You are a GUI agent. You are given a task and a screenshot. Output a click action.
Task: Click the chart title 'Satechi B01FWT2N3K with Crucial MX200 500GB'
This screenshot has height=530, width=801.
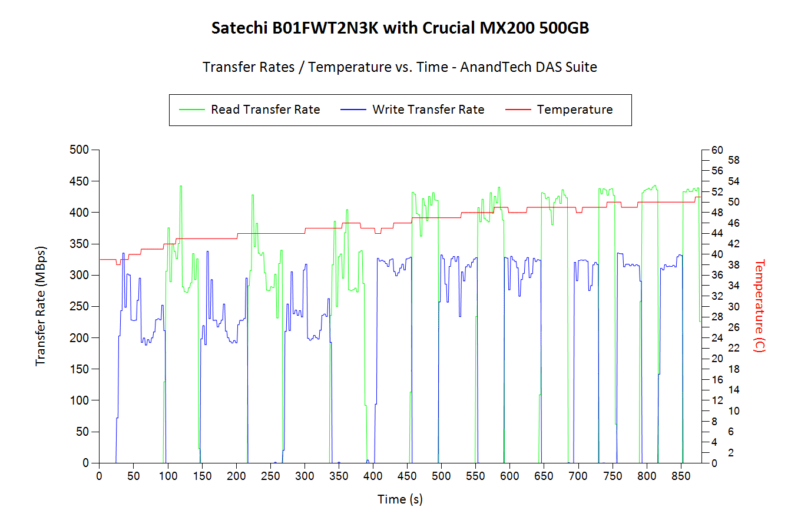(x=400, y=28)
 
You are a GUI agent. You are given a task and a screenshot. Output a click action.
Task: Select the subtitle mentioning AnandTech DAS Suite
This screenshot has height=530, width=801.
(x=400, y=67)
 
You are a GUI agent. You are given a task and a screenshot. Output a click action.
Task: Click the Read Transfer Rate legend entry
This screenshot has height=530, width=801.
(x=265, y=110)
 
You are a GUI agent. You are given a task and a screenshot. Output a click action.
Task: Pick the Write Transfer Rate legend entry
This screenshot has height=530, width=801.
(x=428, y=110)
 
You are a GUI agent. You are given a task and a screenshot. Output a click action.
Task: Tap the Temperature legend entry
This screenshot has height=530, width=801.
(x=574, y=110)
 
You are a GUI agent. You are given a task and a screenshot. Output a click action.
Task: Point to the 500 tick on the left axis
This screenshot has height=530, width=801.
(x=79, y=150)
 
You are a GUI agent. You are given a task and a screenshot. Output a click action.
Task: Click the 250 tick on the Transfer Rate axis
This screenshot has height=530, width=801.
(x=79, y=306)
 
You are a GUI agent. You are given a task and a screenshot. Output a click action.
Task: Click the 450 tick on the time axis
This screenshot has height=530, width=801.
(x=407, y=476)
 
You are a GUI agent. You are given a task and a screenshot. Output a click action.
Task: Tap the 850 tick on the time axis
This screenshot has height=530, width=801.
(x=681, y=476)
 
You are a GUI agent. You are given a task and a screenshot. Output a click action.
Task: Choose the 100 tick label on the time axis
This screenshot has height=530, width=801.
(x=168, y=476)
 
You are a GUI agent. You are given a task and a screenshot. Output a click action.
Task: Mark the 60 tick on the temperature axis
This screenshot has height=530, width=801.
(x=717, y=150)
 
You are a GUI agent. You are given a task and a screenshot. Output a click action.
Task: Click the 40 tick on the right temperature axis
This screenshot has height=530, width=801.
(x=717, y=254)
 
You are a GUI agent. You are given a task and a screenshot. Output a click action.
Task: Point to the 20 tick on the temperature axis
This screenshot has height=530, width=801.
(x=717, y=359)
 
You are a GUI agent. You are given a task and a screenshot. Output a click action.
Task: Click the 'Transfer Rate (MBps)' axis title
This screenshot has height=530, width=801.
(x=40, y=306)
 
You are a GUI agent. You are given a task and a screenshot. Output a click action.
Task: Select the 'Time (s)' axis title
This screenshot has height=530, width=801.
(x=400, y=499)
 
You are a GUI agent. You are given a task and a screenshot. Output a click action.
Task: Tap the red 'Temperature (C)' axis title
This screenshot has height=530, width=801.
(x=760, y=306)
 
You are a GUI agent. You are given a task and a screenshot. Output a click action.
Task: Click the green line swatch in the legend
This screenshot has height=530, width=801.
(x=191, y=110)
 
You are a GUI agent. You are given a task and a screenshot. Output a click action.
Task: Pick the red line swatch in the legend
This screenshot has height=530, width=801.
(x=518, y=110)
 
